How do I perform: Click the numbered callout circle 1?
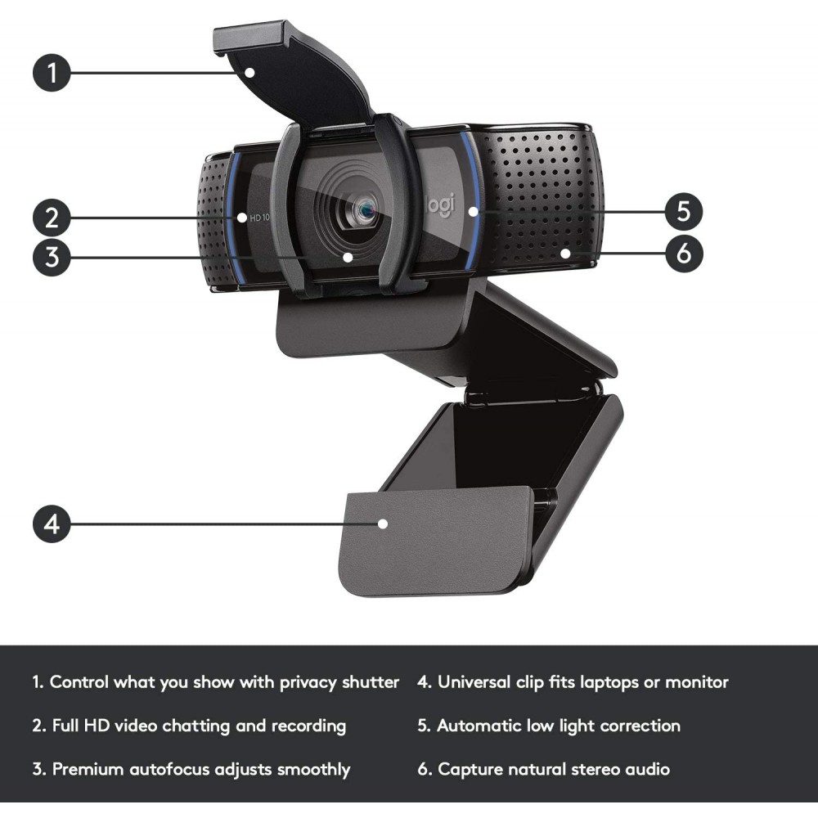pos(52,73)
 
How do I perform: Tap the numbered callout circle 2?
pos(52,218)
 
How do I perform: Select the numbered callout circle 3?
pos(52,256)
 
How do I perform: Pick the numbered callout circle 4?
pos(52,523)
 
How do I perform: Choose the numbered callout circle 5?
pos(684,211)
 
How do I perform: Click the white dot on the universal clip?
pos(383,523)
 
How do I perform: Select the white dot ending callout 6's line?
pos(565,254)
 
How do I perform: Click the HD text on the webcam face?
pos(255,218)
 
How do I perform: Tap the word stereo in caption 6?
pos(591,770)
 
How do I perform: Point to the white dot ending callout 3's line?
pos(348,256)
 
